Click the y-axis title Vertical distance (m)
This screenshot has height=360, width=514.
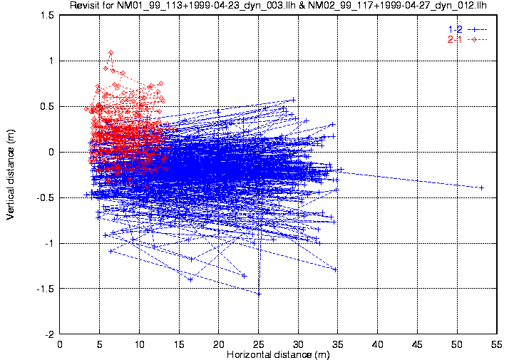11,175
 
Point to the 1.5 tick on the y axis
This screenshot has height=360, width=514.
48,16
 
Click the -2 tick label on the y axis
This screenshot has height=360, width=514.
50,334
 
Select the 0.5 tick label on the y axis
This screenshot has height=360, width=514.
48,107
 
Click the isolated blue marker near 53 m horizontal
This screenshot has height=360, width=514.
482,187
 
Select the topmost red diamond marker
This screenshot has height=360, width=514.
110,53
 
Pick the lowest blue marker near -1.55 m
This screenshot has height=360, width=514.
259,294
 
